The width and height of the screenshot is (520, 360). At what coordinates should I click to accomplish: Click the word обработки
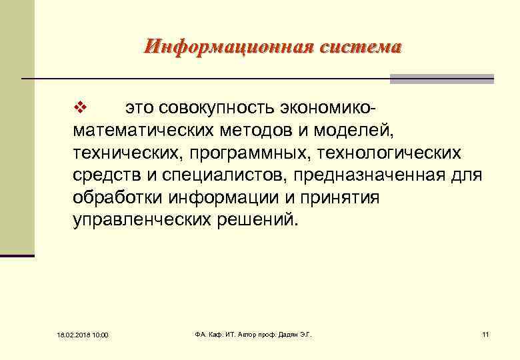(118, 198)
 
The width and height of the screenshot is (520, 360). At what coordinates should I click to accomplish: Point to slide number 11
(485, 333)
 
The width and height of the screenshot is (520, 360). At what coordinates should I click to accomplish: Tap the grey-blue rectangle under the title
(441, 79)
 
